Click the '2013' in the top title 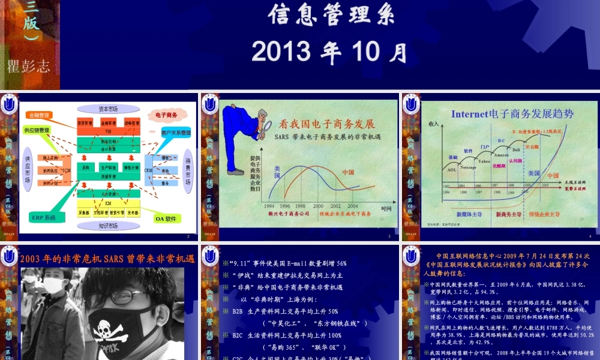[277, 52]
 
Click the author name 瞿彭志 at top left [28, 65]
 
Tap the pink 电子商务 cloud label [166, 114]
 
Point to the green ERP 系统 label [45, 217]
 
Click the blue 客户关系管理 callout [176, 132]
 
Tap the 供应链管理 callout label [37, 130]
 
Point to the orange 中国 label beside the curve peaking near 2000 [347, 172]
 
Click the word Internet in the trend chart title [471, 113]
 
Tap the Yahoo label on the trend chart [484, 161]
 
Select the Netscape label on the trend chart [468, 167]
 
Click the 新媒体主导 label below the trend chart [469, 214]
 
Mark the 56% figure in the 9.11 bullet [341, 263]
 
